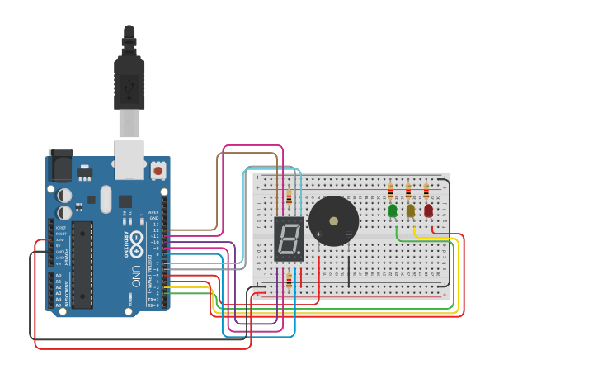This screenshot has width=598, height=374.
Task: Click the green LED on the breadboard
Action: coord(393,211)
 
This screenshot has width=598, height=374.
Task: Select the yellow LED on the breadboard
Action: coord(411,211)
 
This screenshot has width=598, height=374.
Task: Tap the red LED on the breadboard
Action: coord(428,211)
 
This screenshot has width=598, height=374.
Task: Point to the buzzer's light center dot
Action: coord(333,221)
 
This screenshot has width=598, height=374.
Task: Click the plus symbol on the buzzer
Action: coord(318,235)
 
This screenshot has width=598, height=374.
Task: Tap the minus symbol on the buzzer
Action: coord(348,235)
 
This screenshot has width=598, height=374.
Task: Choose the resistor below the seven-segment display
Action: coord(289,282)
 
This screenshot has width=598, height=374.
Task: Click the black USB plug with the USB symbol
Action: coord(129,83)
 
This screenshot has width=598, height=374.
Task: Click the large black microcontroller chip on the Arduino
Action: coord(82,264)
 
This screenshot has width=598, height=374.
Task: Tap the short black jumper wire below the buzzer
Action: coord(349,271)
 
